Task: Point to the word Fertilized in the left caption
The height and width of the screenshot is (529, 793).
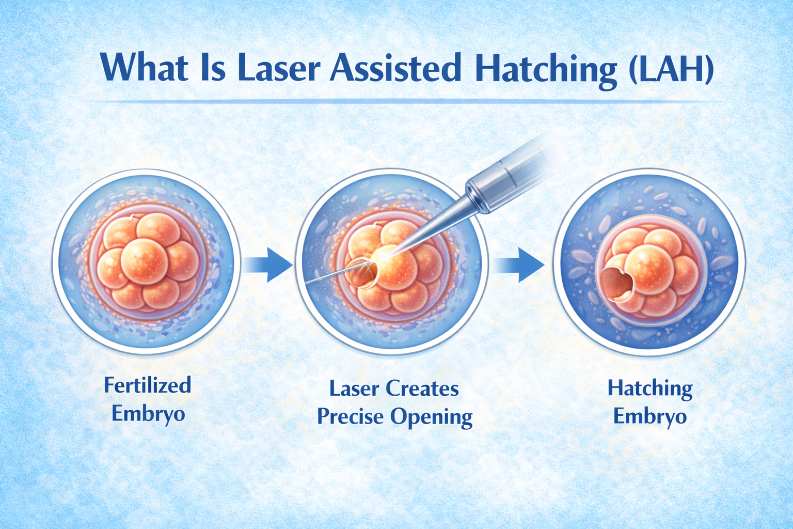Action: pyautogui.click(x=148, y=385)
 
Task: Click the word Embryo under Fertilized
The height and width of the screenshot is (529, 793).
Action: pyautogui.click(x=148, y=414)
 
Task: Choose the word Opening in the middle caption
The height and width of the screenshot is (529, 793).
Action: pyautogui.click(x=432, y=418)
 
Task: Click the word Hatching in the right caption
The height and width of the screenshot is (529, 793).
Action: pyautogui.click(x=650, y=389)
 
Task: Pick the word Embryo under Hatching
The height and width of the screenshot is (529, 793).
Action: pyautogui.click(x=650, y=416)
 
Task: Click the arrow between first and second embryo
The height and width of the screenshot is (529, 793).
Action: pyautogui.click(x=268, y=264)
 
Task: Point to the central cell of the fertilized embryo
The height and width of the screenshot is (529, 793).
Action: pyautogui.click(x=144, y=261)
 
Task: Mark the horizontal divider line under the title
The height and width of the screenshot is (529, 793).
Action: pyautogui.click(x=400, y=102)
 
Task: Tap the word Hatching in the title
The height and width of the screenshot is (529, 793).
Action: pyautogui.click(x=545, y=69)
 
